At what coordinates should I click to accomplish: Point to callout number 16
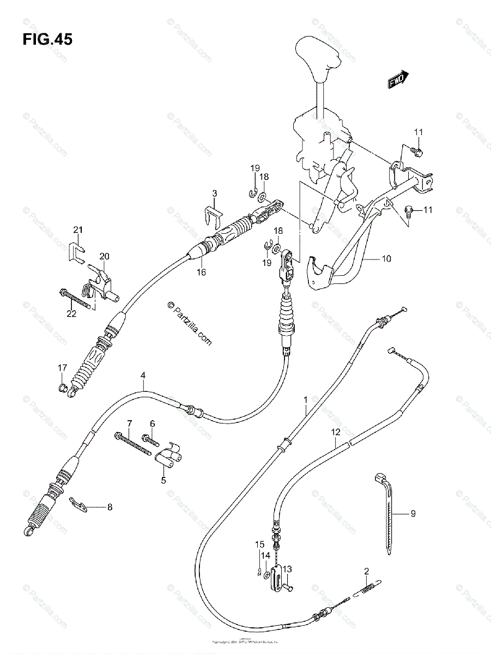click(201, 272)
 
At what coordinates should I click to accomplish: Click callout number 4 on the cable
click(143, 375)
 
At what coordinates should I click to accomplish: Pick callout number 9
click(413, 513)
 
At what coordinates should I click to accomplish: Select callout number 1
click(306, 400)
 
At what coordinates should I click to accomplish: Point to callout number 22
click(70, 312)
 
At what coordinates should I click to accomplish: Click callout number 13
click(287, 569)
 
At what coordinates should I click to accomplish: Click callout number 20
click(104, 256)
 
